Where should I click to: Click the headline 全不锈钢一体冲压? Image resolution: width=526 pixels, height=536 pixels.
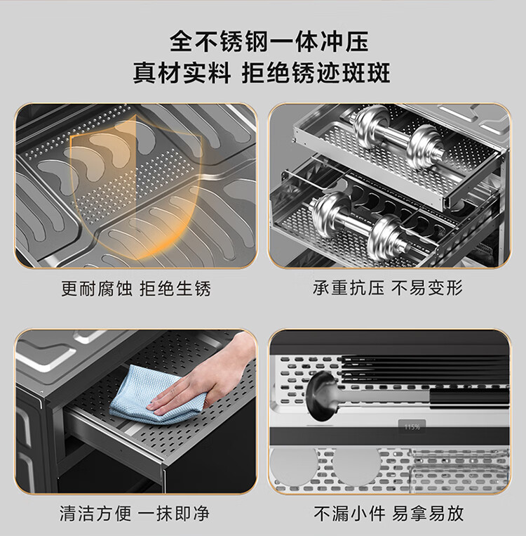(x=269, y=41)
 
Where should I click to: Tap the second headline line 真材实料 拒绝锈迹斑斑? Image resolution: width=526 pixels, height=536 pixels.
(x=262, y=73)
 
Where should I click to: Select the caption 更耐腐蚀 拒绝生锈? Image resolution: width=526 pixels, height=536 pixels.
(x=136, y=289)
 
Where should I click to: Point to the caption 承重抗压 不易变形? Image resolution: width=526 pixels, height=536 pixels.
(x=388, y=288)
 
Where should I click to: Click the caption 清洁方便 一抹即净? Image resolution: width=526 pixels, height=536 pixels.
(x=134, y=514)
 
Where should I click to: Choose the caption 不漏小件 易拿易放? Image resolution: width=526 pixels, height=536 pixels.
(x=389, y=514)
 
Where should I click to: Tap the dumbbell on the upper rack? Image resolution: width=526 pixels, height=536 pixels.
(x=398, y=137)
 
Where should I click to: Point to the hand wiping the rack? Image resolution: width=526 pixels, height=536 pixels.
(x=205, y=379)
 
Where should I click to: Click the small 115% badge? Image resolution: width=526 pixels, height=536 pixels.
(x=412, y=427)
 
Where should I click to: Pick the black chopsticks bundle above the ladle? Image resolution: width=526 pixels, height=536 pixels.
(x=425, y=368)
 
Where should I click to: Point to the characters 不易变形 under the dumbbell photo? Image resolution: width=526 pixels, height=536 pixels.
(x=426, y=288)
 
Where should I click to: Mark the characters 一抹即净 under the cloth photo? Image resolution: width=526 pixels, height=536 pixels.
(x=173, y=514)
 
